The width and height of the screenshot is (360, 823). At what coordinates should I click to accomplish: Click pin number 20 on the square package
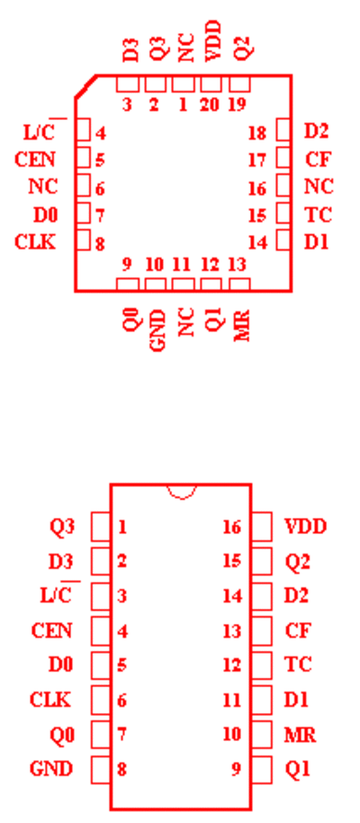coord(210,105)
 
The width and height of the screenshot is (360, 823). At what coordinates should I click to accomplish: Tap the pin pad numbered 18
coord(283,131)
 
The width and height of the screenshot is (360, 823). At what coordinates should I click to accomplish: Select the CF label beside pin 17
coord(318,158)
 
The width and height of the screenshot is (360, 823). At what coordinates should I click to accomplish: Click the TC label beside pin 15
coord(318,214)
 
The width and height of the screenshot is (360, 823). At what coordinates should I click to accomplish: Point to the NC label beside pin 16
coord(319,186)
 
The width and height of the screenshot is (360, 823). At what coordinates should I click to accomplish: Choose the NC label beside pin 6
coord(43,186)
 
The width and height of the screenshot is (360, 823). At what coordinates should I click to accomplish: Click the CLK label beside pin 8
coord(35,242)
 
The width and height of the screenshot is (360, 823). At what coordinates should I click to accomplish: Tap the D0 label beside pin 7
coord(46,214)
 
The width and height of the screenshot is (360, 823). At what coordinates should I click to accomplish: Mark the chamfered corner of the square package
coord(85,86)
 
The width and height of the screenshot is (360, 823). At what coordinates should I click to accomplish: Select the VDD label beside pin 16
coord(305,526)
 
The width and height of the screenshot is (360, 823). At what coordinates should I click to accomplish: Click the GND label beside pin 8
coord(51,769)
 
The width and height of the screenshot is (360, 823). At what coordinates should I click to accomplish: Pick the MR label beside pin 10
coord(301,734)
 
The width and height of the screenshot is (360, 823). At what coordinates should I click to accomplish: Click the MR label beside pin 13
coord(241,325)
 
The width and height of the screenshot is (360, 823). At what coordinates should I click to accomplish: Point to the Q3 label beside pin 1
coord(62,526)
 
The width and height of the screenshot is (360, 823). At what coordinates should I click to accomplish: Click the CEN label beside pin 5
coord(35,158)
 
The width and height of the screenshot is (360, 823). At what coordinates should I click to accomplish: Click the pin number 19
coord(238,105)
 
